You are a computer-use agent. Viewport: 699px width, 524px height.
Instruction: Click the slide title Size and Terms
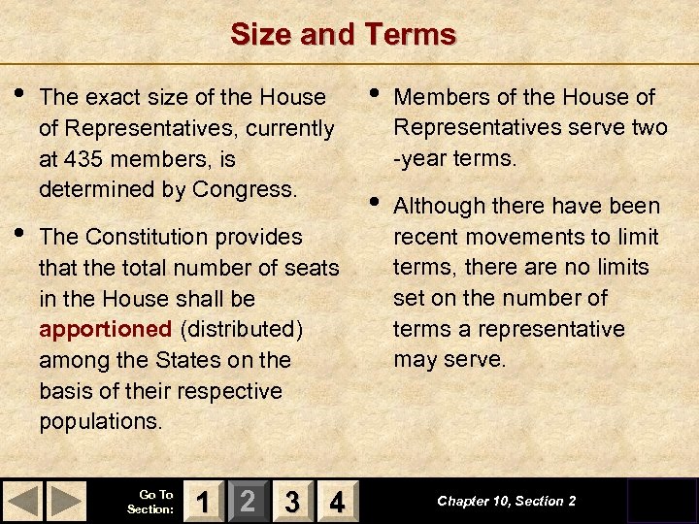343,35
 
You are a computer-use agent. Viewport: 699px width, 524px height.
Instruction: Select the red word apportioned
105,329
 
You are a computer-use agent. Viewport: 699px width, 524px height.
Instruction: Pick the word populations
100,422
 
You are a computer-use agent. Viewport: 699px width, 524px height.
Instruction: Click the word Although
437,206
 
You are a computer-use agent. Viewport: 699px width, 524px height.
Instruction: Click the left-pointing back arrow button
24,501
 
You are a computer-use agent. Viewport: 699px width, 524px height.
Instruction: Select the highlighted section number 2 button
248,501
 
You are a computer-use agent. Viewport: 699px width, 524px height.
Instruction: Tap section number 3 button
291,501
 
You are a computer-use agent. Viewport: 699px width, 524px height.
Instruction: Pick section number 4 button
336,501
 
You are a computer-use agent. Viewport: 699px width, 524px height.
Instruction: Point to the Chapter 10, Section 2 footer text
506,501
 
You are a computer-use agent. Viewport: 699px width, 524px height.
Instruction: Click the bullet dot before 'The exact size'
21,95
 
